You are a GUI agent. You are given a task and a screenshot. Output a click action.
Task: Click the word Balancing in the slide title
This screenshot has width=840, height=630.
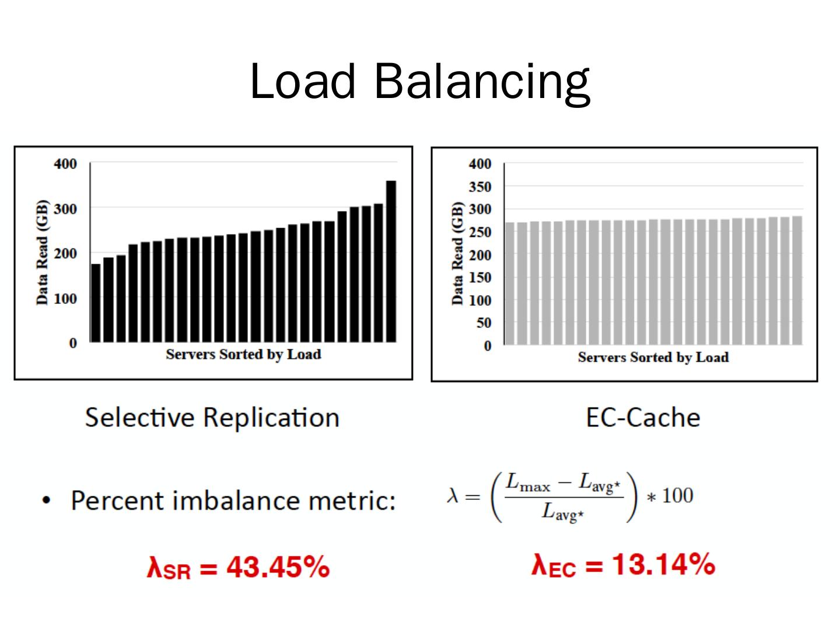pos(482,82)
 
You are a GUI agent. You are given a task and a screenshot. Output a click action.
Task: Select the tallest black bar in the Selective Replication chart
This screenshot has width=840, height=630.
pos(391,261)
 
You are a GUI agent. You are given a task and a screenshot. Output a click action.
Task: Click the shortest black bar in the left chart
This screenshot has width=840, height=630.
pos(96,303)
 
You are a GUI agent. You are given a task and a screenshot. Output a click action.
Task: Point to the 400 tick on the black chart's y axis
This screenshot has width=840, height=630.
pos(65,164)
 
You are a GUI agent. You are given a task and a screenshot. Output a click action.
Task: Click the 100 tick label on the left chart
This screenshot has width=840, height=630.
pos(65,299)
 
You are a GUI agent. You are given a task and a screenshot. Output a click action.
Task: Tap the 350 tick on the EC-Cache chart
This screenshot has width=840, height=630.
pos(480,187)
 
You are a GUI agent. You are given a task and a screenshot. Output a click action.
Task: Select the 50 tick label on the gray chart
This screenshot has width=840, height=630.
pos(483,323)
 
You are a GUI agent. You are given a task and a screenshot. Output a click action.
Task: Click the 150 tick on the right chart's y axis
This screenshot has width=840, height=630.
pos(480,277)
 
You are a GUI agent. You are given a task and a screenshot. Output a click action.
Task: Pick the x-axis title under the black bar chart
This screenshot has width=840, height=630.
pos(243,355)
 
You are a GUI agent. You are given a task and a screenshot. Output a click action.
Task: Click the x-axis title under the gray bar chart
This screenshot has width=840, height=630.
pos(653,357)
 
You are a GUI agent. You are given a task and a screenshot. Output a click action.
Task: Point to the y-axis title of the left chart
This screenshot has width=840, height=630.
pos(42,252)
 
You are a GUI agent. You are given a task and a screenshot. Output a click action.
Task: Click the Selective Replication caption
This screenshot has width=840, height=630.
pos(212,418)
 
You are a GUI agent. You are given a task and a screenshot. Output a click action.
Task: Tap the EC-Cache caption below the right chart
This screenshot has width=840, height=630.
pos(643,418)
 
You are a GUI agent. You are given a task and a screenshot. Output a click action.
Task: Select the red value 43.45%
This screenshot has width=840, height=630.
pos(278,566)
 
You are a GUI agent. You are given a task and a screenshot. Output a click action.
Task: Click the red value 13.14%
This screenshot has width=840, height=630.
pos(664,564)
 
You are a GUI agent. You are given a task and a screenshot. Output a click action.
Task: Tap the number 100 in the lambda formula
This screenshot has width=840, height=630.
pos(677,496)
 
